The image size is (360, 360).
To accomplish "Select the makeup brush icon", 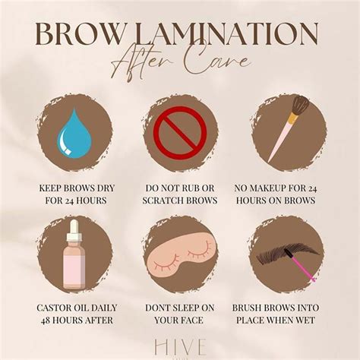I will click(x=287, y=133).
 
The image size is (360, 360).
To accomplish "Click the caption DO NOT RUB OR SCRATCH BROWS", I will click(x=180, y=193).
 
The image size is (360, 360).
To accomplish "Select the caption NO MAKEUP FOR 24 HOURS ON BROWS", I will click(x=287, y=193).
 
